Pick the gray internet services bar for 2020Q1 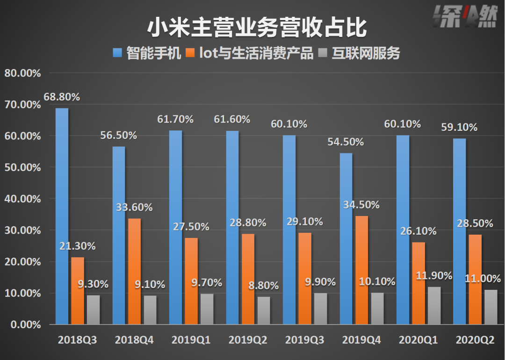(x=434, y=305)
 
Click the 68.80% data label (x=62, y=97)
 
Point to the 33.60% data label (x=134, y=208)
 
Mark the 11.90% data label (x=434, y=275)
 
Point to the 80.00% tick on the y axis (x=22, y=73)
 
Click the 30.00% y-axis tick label (x=22, y=230)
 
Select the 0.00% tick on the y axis (x=24, y=325)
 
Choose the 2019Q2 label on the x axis (x=247, y=340)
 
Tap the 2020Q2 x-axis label (x=475, y=340)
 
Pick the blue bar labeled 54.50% (x=346, y=238)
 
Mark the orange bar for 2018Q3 (x=78, y=290)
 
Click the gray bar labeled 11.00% (x=491, y=307)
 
